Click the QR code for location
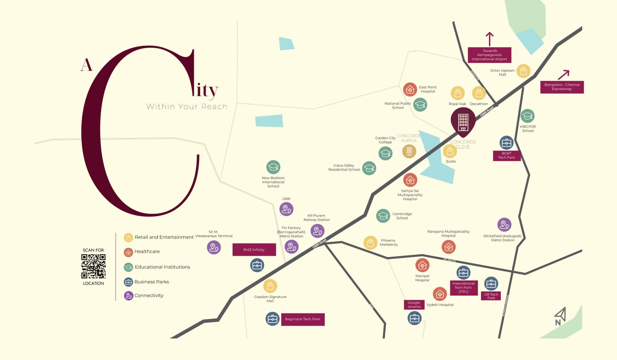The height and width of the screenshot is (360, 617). click(x=93, y=266)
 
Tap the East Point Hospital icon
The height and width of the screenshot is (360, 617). click(x=410, y=90)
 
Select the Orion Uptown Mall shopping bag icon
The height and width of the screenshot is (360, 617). click(x=523, y=71)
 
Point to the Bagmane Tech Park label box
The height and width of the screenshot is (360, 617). click(x=302, y=319)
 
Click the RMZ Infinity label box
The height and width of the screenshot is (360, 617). click(x=254, y=250)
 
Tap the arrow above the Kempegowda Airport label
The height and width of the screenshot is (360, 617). click(x=489, y=39)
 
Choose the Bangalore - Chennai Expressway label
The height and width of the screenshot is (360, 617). click(x=562, y=87)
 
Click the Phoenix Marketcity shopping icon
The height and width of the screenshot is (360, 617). click(x=370, y=243)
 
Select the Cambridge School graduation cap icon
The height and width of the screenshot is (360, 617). click(x=383, y=216)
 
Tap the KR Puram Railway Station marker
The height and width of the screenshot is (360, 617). click(x=317, y=231)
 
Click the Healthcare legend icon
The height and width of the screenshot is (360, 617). click(x=128, y=252)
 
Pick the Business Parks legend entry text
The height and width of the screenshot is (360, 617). click(x=151, y=282)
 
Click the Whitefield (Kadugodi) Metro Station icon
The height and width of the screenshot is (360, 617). click(x=504, y=225)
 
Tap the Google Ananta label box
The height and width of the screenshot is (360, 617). click(x=414, y=305)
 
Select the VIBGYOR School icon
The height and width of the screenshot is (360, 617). click(x=527, y=116)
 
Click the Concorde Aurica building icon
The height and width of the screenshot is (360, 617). click(x=409, y=151)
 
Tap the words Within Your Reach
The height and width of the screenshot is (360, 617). click(x=187, y=107)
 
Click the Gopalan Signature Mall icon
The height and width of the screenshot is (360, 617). click(x=270, y=286)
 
